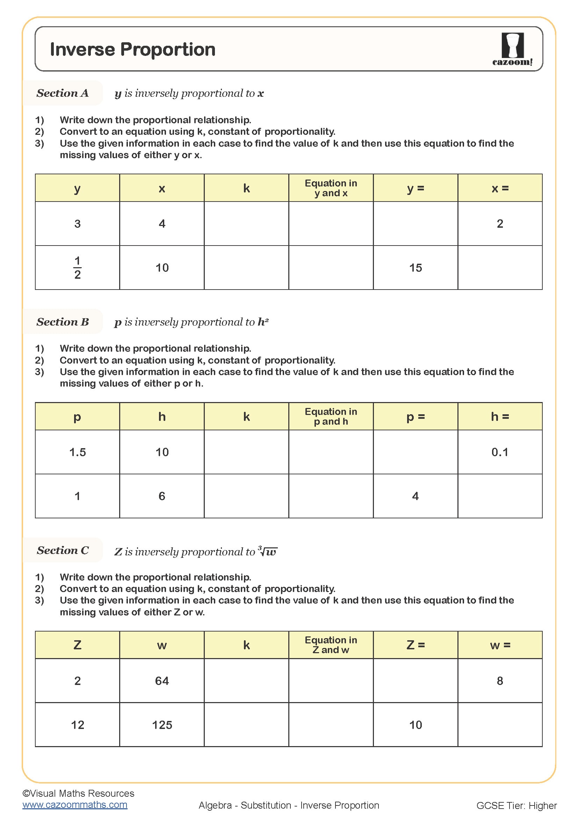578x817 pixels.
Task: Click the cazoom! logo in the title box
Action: click(512, 50)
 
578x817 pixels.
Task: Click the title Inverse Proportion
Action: click(133, 50)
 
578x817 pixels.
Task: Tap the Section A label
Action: click(63, 93)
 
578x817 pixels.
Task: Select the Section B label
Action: click(63, 322)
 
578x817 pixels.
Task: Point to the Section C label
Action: click(63, 550)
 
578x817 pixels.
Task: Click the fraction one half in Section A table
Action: click(77, 268)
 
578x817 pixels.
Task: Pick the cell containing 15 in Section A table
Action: click(416, 268)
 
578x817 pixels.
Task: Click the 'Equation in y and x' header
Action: click(331, 188)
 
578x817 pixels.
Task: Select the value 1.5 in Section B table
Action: click(77, 452)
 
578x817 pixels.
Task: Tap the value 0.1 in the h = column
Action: click(500, 452)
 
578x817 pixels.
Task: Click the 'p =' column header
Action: click(416, 417)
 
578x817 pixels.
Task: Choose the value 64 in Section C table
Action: click(162, 681)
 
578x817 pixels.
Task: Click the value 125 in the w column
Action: click(162, 725)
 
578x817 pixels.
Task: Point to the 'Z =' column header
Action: click(416, 645)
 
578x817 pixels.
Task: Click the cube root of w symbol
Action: click(268, 552)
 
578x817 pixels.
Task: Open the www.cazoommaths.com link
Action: click(75, 805)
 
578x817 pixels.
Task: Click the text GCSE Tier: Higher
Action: click(516, 805)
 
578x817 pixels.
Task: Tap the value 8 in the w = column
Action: click(500, 681)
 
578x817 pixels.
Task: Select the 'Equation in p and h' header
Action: click(331, 417)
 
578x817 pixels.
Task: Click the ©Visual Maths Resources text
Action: click(78, 794)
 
